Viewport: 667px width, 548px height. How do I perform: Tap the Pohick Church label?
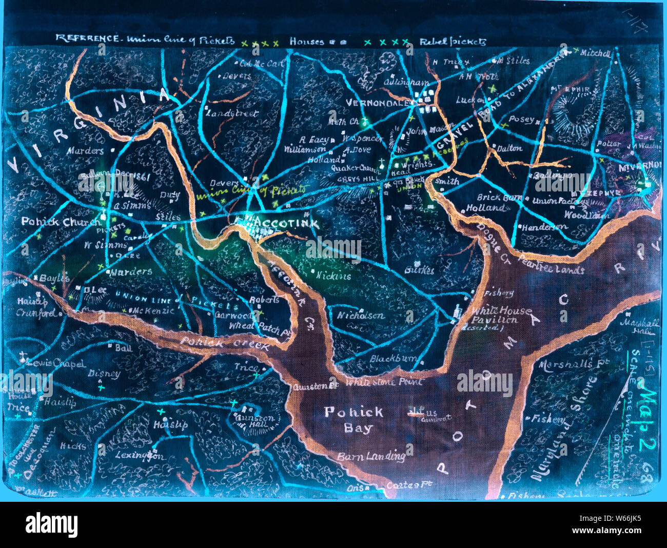pyautogui.click(x=61, y=222)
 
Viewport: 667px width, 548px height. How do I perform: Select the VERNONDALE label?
pyautogui.click(x=379, y=103)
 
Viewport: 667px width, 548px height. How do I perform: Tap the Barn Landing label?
pyautogui.click(x=371, y=456)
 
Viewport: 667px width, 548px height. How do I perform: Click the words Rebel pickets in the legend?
pyautogui.click(x=453, y=42)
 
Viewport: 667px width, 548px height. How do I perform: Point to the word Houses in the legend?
pyautogui.click(x=307, y=42)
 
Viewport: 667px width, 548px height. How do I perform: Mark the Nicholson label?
pyautogui.click(x=360, y=316)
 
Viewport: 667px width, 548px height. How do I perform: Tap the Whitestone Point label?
pyautogui.click(x=384, y=382)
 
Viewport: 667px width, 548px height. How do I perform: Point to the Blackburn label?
pyautogui.click(x=393, y=359)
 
